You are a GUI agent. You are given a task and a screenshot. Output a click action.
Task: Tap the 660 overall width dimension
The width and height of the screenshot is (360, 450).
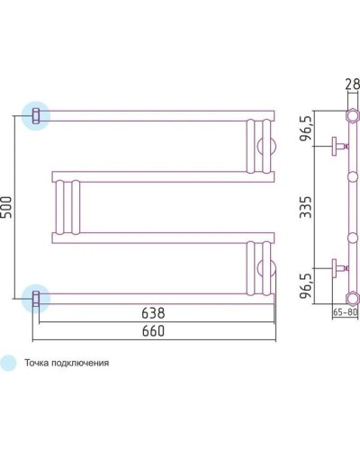tap(152, 331)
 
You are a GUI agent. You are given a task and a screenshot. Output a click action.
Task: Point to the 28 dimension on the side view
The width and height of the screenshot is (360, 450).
tap(351, 87)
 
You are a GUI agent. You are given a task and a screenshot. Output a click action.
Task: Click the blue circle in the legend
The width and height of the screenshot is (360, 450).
tap(9, 363)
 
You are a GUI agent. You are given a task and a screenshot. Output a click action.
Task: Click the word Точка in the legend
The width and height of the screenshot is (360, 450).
tap(39, 364)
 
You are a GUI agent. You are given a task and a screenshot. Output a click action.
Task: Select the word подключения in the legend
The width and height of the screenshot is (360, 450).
tap(83, 364)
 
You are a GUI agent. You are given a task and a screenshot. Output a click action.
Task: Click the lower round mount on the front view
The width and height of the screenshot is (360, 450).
tap(265, 265)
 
